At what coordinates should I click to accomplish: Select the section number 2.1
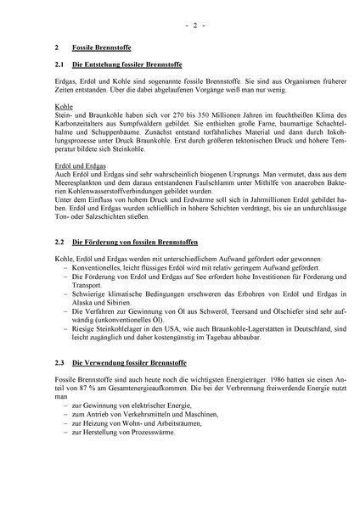pos(57,65)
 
